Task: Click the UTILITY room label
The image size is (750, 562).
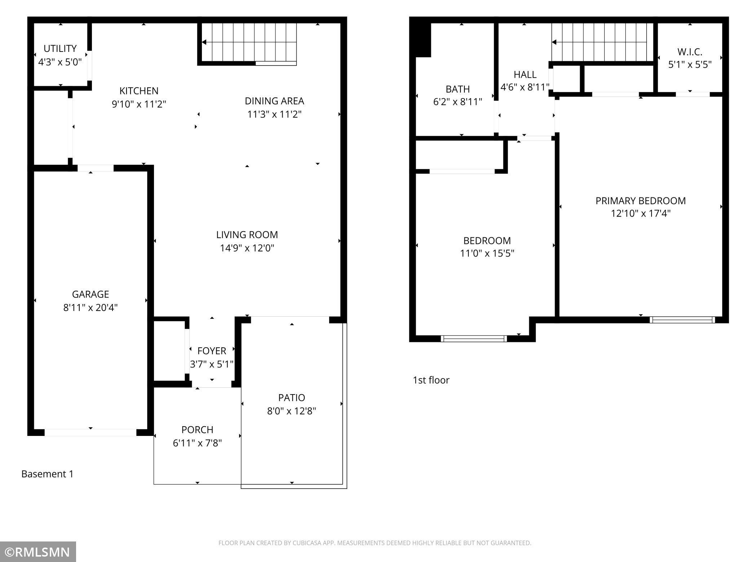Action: [60, 48]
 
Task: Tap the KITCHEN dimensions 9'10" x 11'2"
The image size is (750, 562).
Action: [139, 104]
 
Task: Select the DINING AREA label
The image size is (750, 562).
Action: [274, 101]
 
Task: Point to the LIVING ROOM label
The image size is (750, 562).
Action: [247, 235]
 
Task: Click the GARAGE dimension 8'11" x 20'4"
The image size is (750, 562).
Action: [91, 308]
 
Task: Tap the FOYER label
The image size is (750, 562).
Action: [212, 351]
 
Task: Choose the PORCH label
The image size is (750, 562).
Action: [197, 429]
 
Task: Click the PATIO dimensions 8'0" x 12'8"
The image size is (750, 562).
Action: [291, 411]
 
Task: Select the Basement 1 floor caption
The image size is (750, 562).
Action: [47, 474]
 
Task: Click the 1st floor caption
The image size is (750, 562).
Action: [431, 380]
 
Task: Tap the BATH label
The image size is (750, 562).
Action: [458, 89]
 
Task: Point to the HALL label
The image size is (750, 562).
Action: [525, 75]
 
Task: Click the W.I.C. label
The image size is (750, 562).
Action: [689, 52]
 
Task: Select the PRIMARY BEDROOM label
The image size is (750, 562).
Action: [640, 201]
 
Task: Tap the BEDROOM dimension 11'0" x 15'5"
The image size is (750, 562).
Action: [487, 253]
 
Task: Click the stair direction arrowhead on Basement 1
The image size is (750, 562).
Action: [204, 42]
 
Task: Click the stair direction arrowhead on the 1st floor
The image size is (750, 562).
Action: [554, 42]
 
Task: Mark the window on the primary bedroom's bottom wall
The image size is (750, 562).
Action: [682, 320]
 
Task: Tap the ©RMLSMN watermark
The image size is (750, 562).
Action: [38, 552]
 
